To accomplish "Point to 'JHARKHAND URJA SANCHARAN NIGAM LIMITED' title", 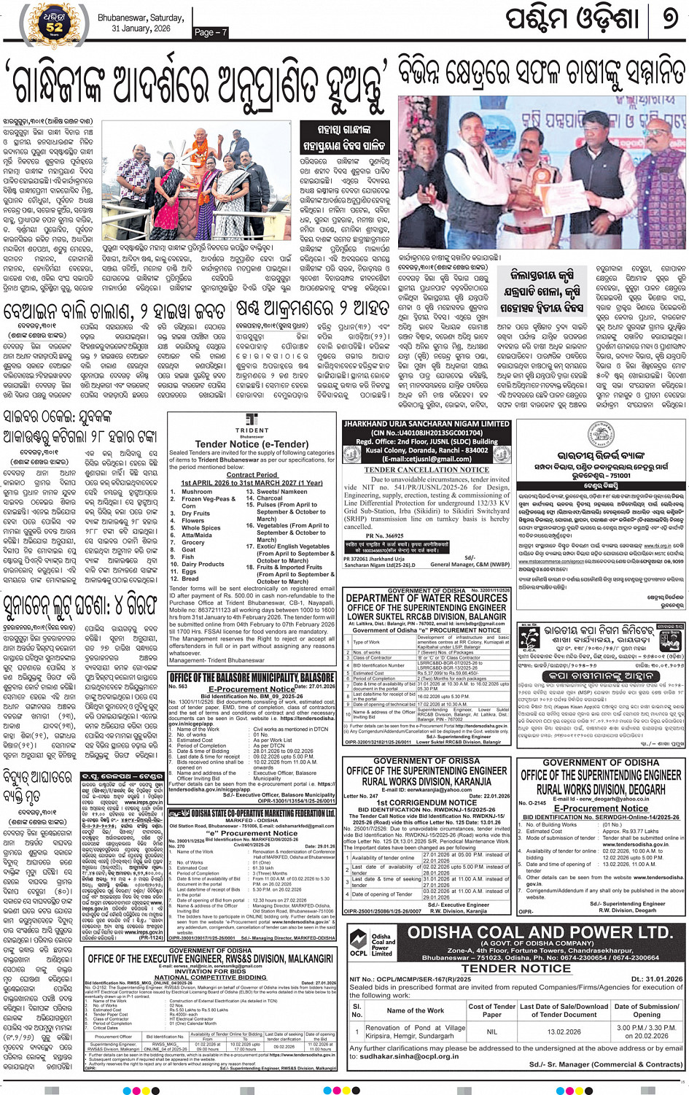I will pos(427,424).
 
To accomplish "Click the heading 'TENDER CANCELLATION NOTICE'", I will pos(427,470).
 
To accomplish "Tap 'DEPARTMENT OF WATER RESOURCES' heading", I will pos(427,598).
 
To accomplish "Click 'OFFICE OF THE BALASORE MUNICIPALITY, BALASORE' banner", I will pos(252,678).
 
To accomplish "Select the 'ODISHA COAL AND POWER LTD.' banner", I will pos(540,933).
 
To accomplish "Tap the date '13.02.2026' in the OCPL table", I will pos(564,1032).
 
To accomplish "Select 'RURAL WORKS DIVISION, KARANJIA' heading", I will pos(427,781).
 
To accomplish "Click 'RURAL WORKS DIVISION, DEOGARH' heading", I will pos(601,789).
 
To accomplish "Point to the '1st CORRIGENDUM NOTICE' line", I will pos(427,802).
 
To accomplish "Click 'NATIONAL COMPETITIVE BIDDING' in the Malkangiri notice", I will pos(211,977).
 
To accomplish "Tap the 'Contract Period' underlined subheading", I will pos(252,474).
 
